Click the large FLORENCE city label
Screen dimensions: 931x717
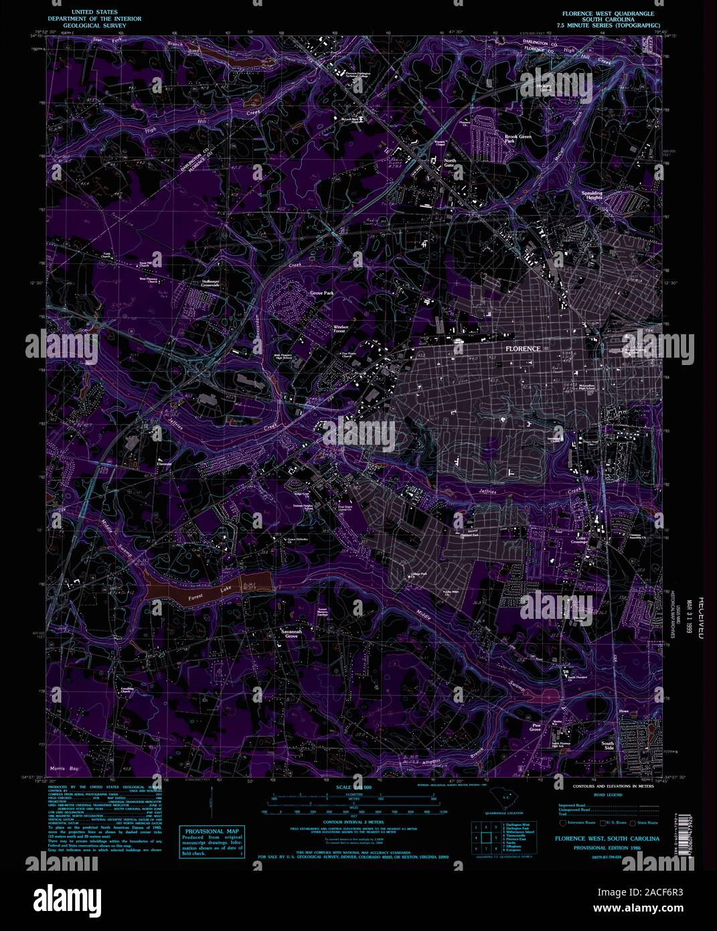click(x=523, y=350)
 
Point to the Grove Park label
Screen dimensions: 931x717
click(x=321, y=293)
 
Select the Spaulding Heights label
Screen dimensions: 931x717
click(x=592, y=196)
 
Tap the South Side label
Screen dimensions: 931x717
click(x=607, y=746)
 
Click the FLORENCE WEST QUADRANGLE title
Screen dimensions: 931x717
click(x=607, y=13)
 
